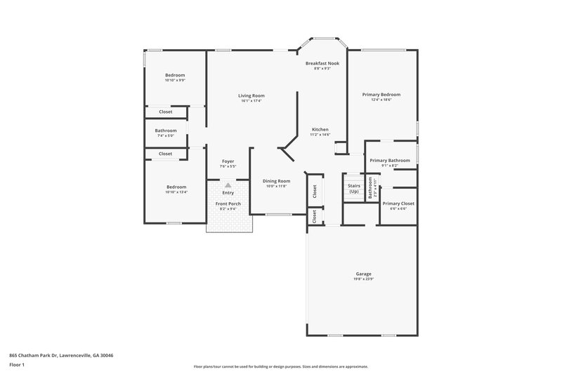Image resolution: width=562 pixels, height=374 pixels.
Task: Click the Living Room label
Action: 251,95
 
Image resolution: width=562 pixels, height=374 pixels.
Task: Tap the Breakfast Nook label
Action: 322,63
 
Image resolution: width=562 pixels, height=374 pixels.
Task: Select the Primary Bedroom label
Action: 381,94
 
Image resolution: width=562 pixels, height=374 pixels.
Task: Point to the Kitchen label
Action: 320,129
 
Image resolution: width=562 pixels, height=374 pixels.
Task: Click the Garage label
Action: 363,274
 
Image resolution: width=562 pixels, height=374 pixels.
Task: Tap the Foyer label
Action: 228,161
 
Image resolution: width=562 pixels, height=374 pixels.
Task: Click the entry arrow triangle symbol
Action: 228,185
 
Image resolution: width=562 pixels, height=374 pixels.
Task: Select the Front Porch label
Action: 228,203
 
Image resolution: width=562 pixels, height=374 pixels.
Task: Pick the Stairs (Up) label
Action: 353,189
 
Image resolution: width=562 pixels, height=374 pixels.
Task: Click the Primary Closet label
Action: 398,203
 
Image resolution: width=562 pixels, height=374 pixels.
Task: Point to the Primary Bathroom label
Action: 390,160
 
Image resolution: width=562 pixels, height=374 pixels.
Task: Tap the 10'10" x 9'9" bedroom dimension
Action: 175,81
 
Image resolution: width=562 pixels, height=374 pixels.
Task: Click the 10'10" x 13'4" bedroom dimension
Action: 176,192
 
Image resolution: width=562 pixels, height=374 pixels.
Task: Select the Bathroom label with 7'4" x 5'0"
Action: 166,131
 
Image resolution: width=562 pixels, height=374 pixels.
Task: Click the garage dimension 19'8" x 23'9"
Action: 363,279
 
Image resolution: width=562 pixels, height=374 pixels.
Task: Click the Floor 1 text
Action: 17,366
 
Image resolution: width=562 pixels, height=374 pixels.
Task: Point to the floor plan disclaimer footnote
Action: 280,366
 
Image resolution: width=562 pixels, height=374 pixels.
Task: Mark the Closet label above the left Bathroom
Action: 166,112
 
